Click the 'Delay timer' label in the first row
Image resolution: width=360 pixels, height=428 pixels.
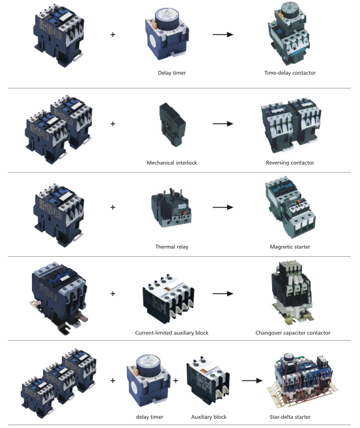[171, 73]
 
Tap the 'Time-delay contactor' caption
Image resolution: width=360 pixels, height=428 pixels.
[290, 73]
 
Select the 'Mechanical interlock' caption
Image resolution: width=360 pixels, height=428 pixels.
[171, 163]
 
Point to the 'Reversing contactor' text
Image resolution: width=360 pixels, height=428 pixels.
[290, 163]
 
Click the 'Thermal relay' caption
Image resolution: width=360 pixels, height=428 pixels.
[171, 247]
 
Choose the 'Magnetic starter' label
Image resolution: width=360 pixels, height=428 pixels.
[290, 247]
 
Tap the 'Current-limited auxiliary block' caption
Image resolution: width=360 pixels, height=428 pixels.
[171, 333]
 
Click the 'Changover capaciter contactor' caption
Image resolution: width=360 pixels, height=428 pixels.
[293, 333]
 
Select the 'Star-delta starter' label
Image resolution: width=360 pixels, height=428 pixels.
[290, 417]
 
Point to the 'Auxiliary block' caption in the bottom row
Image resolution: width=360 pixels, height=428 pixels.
[209, 417]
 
